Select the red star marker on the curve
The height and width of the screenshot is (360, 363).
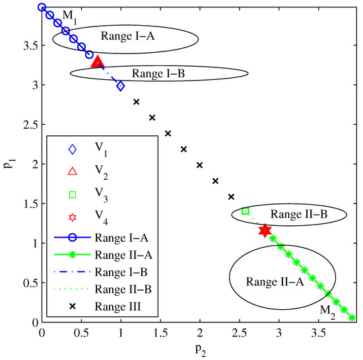click(265, 231)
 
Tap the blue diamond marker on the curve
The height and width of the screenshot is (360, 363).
click(121, 86)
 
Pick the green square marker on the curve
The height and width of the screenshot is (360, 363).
click(246, 211)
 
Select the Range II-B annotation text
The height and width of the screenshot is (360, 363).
click(298, 214)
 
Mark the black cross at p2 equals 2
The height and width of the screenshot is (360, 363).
click(199, 165)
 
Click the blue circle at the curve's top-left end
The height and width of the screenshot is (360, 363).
click(42, 8)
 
